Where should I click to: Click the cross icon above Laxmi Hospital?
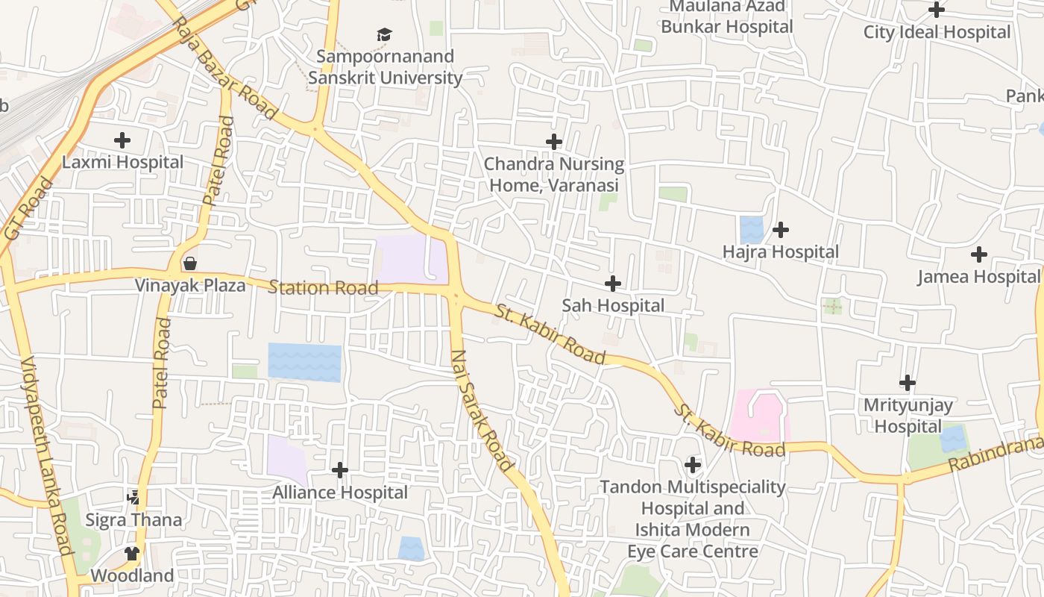pyautogui.click(x=122, y=140)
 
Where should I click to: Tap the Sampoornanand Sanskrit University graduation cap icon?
pyautogui.click(x=384, y=34)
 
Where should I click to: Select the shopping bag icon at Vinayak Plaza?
pyautogui.click(x=190, y=263)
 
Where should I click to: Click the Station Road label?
pyautogui.click(x=323, y=287)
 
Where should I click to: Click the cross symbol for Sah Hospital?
pyautogui.click(x=612, y=284)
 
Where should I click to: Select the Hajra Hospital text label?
pyautogui.click(x=780, y=252)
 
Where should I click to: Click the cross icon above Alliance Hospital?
pyautogui.click(x=339, y=470)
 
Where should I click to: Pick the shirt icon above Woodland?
pyautogui.click(x=132, y=553)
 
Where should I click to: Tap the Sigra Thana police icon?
pyautogui.click(x=133, y=496)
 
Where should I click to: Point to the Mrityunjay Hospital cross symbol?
pyautogui.click(x=907, y=383)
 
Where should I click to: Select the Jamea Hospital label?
pyautogui.click(x=978, y=277)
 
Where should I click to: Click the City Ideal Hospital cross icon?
pyautogui.click(x=937, y=10)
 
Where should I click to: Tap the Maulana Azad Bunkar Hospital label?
pyautogui.click(x=726, y=16)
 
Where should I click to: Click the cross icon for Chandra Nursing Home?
pyautogui.click(x=554, y=142)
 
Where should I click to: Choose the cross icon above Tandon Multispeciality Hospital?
pyautogui.click(x=693, y=466)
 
